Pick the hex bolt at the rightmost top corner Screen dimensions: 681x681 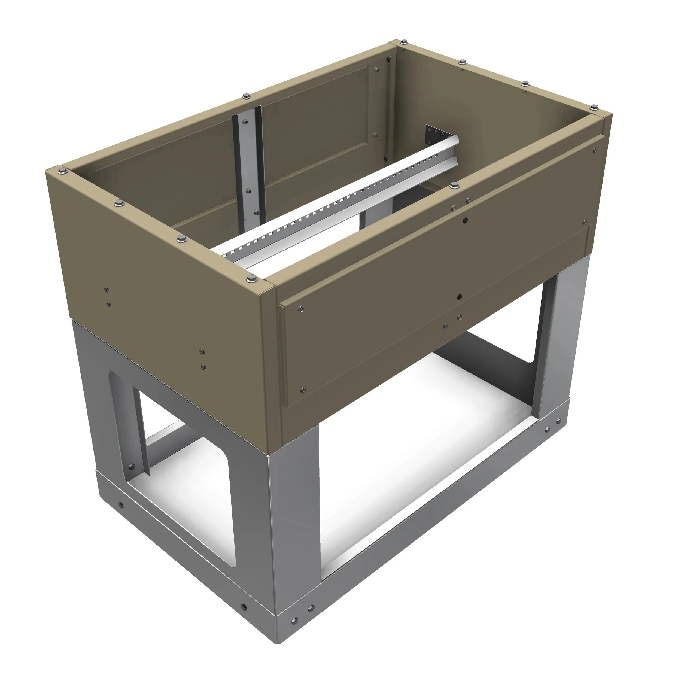[x=594, y=107]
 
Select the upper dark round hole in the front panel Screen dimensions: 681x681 [x=465, y=221]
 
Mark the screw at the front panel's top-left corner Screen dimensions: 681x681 [x=301, y=308]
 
